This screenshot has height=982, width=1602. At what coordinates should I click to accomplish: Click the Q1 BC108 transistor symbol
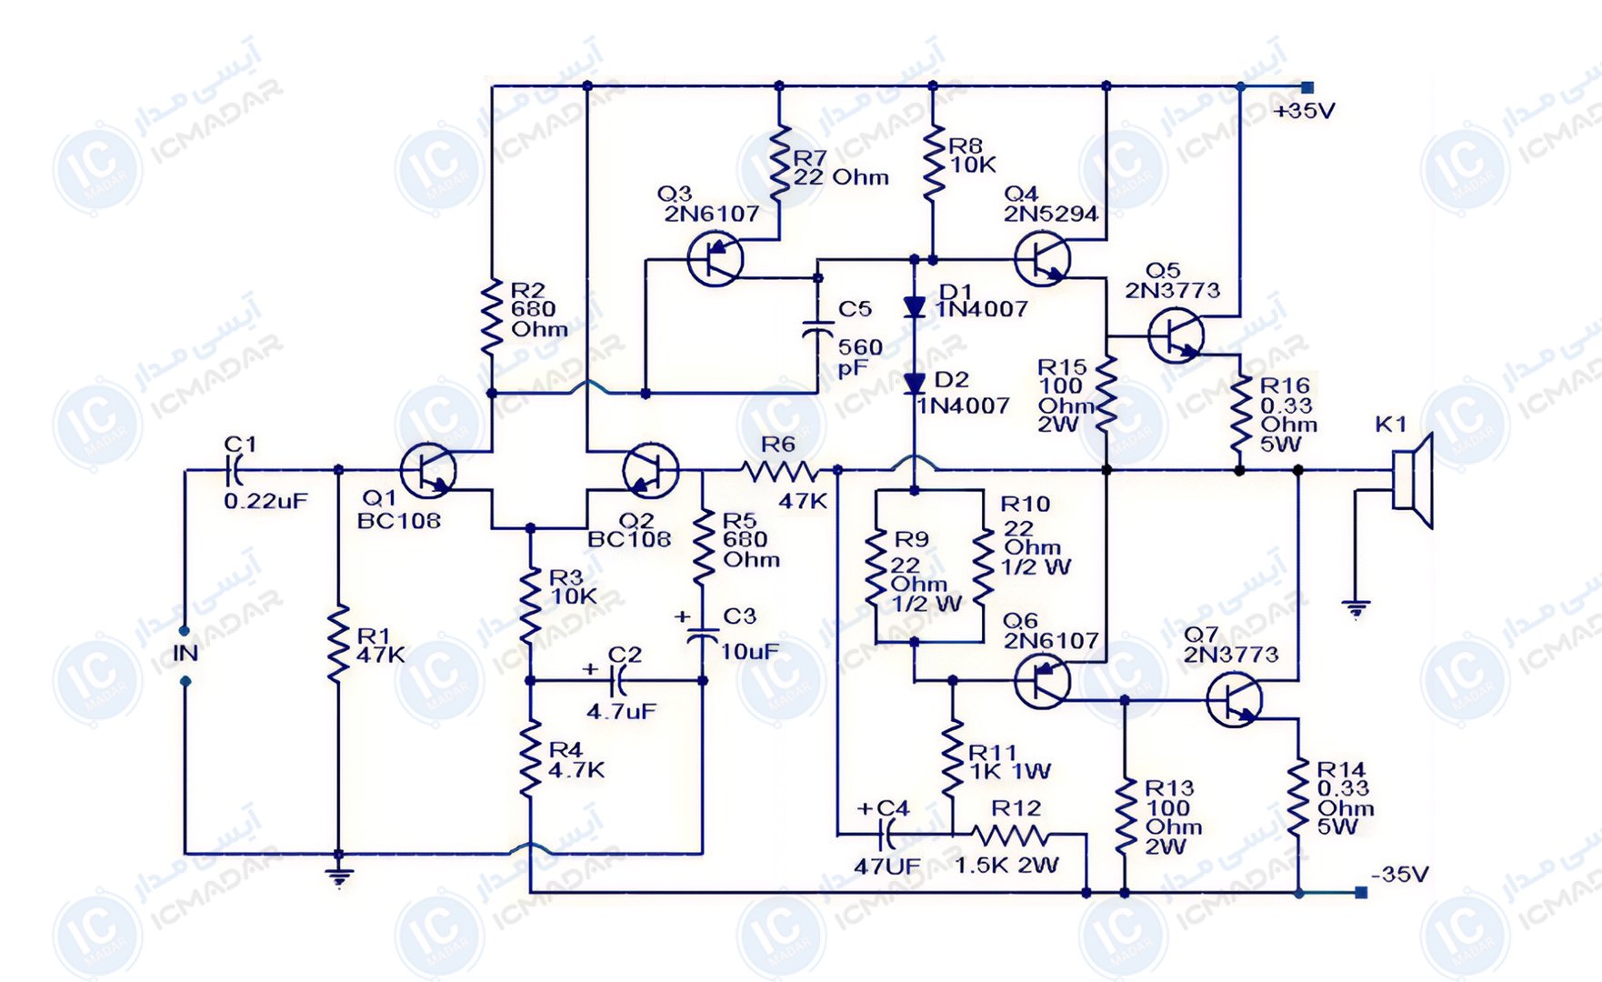coord(428,471)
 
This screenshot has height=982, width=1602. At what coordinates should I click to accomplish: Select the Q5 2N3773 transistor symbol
coord(1176,336)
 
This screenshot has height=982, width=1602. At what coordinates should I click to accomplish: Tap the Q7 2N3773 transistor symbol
coord(1235,699)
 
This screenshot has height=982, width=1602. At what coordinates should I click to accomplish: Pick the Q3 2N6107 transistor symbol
coord(715,258)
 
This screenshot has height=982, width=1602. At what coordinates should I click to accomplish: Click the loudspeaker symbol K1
coord(1414,480)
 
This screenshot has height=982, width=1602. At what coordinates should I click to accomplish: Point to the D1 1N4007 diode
coord(915,307)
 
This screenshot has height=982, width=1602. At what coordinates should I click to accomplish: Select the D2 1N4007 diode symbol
coord(915,383)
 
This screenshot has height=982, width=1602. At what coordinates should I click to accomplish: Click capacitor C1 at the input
coord(234,470)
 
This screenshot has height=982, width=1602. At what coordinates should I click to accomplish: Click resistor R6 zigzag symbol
coord(779,471)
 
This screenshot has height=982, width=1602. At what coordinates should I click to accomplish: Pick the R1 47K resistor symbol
coord(338,642)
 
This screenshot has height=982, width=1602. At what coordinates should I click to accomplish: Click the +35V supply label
coord(1304,111)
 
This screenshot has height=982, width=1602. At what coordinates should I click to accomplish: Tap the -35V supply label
coord(1399,875)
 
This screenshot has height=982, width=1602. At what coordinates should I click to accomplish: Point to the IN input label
coord(185,653)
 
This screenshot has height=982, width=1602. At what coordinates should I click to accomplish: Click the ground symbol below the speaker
coord(1356,609)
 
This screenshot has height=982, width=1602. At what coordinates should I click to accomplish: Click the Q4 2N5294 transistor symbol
coord(1042,258)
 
